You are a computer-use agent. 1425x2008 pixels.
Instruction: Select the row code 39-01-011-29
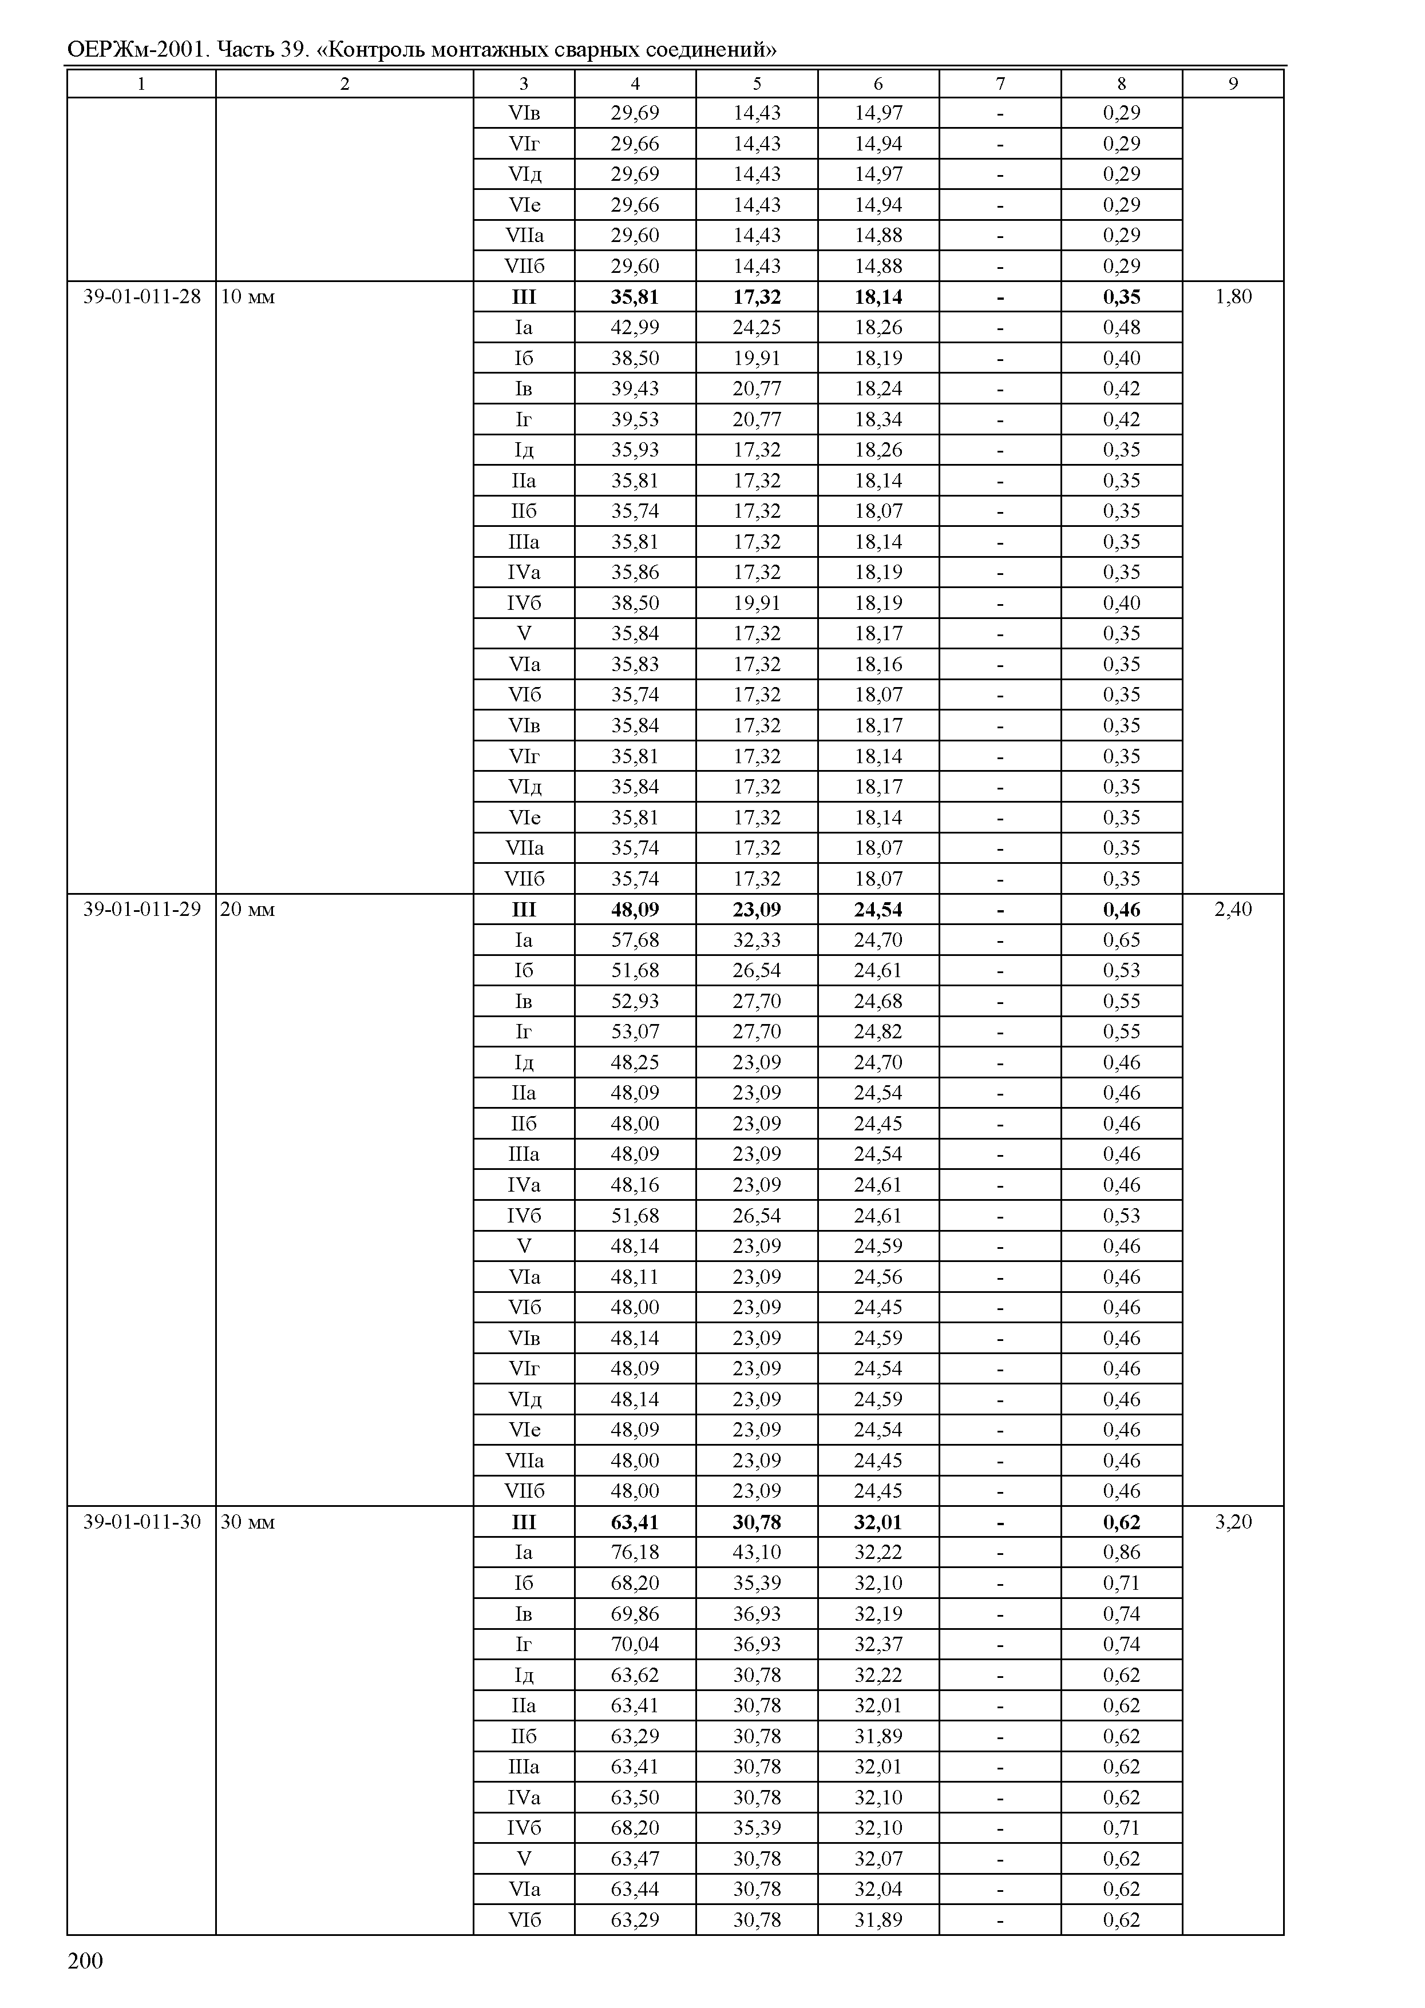[x=141, y=909]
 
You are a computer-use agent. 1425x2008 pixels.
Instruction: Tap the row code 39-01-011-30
[x=141, y=1521]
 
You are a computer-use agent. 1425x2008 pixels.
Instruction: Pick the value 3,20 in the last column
[x=1233, y=1521]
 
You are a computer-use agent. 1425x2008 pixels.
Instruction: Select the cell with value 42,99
[x=635, y=327]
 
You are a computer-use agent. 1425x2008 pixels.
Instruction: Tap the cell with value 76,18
[x=635, y=1552]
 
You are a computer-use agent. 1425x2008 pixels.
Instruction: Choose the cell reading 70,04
[x=635, y=1644]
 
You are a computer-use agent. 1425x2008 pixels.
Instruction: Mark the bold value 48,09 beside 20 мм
[x=635, y=910]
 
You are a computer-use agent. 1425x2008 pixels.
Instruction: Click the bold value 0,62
[x=1121, y=1522]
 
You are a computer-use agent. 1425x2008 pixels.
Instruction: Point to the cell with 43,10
[x=757, y=1552]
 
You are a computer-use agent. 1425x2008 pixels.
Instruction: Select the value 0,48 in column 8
[x=1121, y=327]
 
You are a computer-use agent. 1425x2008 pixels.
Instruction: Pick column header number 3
[x=524, y=84]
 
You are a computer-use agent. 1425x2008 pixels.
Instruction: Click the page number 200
[x=85, y=1961]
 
